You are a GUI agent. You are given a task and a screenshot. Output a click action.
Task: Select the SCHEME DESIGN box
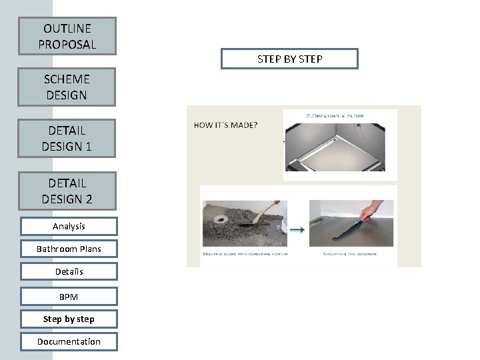[x=67, y=87]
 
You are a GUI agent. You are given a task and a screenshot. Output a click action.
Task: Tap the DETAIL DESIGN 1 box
[x=67, y=138]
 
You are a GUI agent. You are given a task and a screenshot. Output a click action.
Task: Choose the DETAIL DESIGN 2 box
[x=67, y=191]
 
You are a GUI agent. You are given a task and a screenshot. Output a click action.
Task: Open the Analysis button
[x=69, y=227]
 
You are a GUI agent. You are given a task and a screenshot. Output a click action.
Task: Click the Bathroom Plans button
[x=69, y=249]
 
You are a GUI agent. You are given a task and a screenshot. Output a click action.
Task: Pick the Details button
[x=69, y=272]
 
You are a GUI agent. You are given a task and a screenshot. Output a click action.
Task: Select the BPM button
[x=69, y=296]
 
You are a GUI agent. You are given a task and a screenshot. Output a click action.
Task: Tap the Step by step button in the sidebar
[x=69, y=319]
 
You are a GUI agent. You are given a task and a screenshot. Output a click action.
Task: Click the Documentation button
[x=69, y=341]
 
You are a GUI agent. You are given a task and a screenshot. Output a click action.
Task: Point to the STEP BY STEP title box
[x=290, y=59]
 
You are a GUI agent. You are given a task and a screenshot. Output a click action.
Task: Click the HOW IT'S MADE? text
[x=226, y=125]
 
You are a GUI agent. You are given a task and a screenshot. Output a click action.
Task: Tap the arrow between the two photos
[x=297, y=231]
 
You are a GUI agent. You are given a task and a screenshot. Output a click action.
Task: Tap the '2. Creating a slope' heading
[x=335, y=115]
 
